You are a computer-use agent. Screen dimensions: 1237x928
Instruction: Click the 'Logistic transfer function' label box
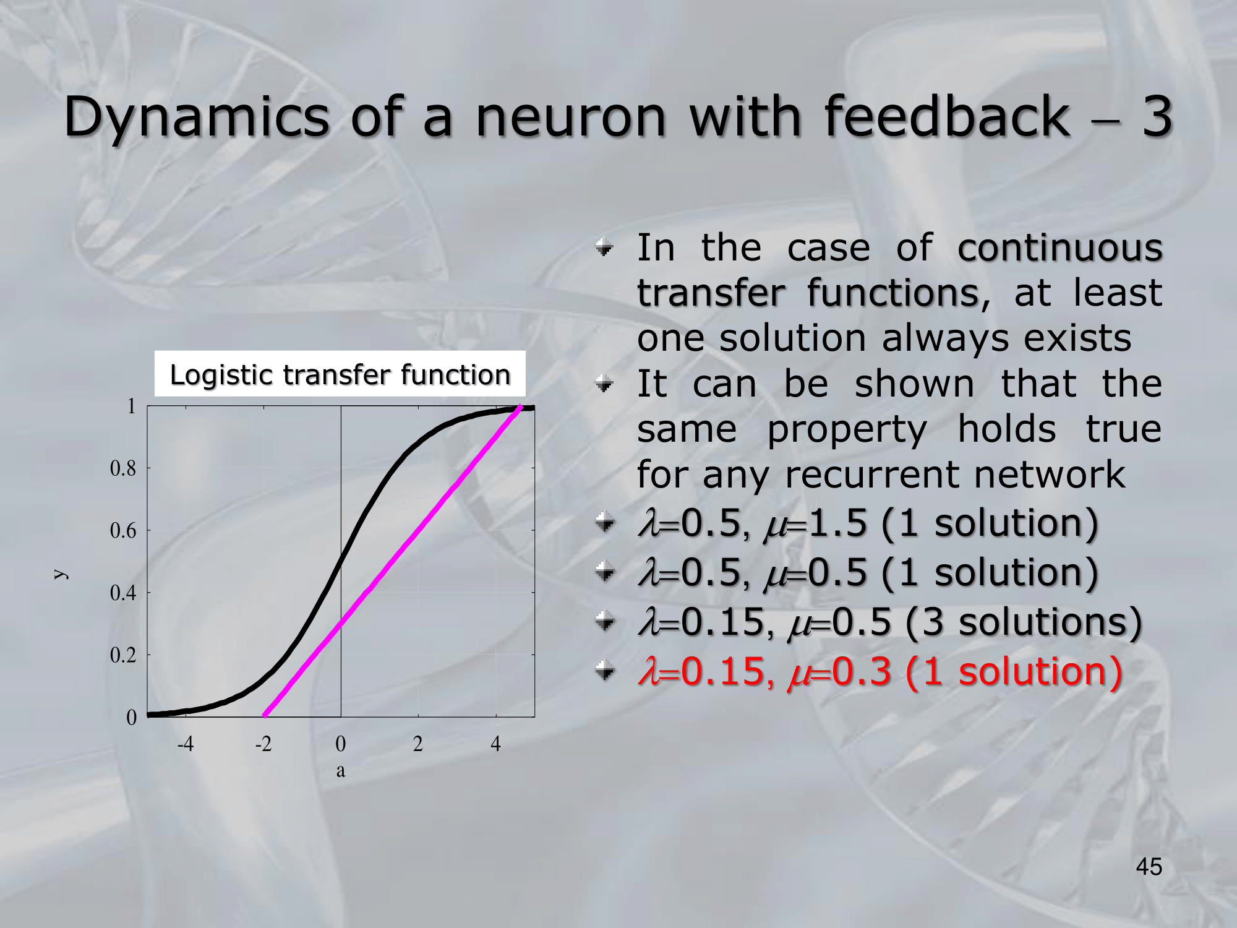pos(340,374)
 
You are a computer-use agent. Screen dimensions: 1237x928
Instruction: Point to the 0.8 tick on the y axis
pos(123,468)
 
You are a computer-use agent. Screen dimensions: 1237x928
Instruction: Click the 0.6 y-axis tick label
pos(123,530)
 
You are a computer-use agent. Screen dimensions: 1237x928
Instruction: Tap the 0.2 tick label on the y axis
pos(123,655)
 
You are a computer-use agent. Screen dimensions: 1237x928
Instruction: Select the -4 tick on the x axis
pos(186,743)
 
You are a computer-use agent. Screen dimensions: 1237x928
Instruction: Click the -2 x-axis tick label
pos(263,743)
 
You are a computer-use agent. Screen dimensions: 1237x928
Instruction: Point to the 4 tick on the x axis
pos(495,743)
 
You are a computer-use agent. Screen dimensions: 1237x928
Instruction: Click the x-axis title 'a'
pos(341,771)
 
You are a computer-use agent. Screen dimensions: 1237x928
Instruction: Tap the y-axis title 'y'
pos(60,574)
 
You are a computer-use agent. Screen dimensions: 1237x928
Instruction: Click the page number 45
pos(1149,867)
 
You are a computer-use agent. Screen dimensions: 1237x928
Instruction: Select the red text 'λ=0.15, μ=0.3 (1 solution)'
pos(880,672)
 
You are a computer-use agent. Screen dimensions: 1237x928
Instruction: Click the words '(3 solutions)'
pos(1024,622)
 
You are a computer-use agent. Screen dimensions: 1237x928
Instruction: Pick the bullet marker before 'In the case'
pos(604,248)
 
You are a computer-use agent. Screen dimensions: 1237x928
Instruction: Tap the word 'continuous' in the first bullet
pos(1060,248)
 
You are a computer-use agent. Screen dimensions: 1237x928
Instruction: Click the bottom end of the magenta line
pos(265,716)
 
